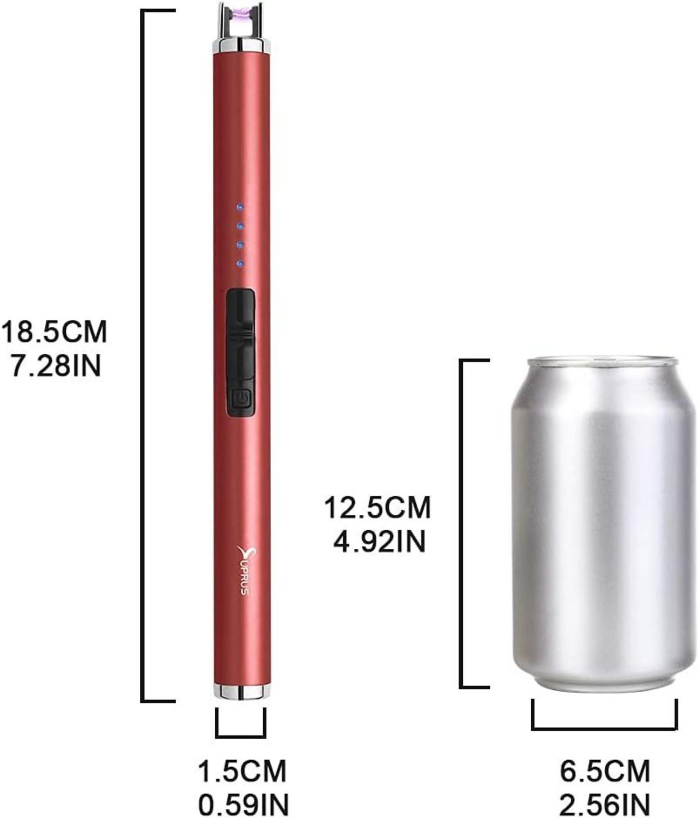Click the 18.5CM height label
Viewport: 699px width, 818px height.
point(54,332)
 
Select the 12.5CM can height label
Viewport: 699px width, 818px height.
point(377,507)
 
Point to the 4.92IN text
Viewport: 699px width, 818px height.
point(379,541)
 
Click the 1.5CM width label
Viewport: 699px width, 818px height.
point(242,771)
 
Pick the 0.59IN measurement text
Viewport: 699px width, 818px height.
point(244,804)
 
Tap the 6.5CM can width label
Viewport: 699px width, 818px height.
point(604,771)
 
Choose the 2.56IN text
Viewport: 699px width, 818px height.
point(604,804)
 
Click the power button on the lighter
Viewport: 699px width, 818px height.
point(241,399)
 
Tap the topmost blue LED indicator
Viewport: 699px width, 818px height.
point(240,207)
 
